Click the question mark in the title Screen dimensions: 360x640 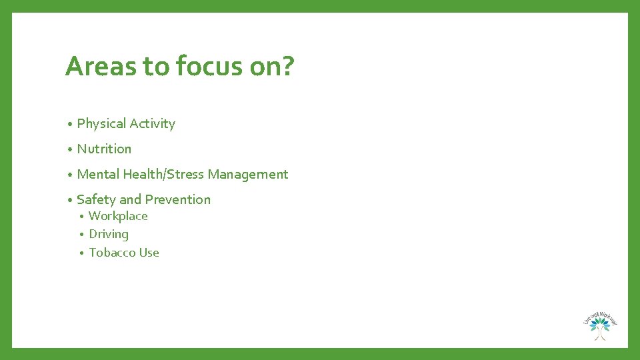(286, 67)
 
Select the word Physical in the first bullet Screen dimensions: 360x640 (101, 124)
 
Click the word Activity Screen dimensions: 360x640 (152, 124)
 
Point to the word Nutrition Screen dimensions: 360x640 (104, 149)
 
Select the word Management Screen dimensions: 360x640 (248, 174)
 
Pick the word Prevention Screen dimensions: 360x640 (177, 199)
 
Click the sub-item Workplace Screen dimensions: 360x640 (118, 216)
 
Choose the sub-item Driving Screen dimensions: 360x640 (109, 234)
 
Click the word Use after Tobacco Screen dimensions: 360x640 (149, 253)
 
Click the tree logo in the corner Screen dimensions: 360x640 (600, 325)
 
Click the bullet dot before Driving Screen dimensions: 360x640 (81, 235)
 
